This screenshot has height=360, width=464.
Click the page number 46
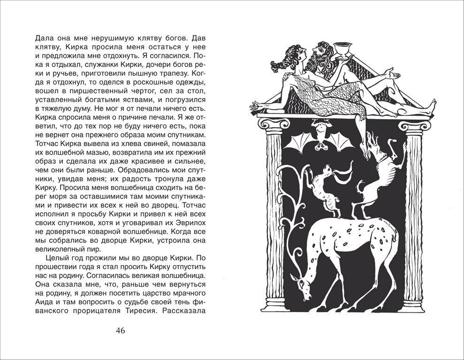(120, 330)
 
